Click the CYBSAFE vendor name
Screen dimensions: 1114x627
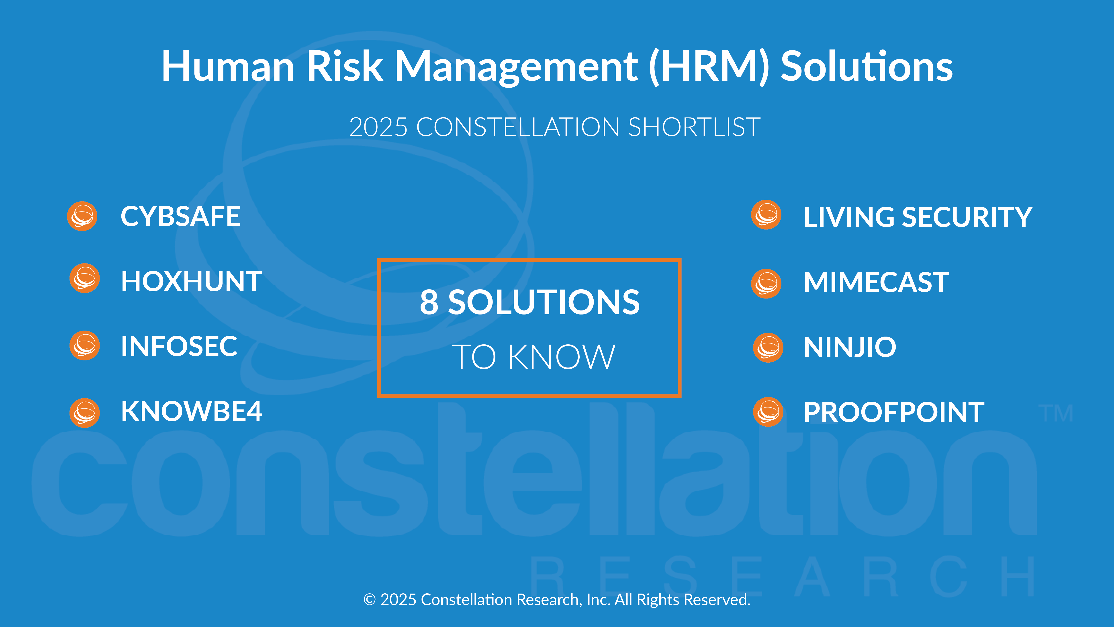click(x=180, y=216)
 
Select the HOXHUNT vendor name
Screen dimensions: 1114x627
click(x=192, y=282)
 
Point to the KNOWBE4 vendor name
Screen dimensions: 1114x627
click(x=192, y=411)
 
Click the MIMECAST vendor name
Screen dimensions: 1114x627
click(x=876, y=283)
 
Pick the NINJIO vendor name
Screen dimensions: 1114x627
click(x=850, y=347)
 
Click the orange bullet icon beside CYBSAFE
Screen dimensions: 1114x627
click(x=82, y=216)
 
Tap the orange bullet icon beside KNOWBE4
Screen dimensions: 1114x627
click(x=85, y=413)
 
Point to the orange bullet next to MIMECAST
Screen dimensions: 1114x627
click(x=766, y=284)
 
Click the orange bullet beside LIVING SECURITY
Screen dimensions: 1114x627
click(x=766, y=215)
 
